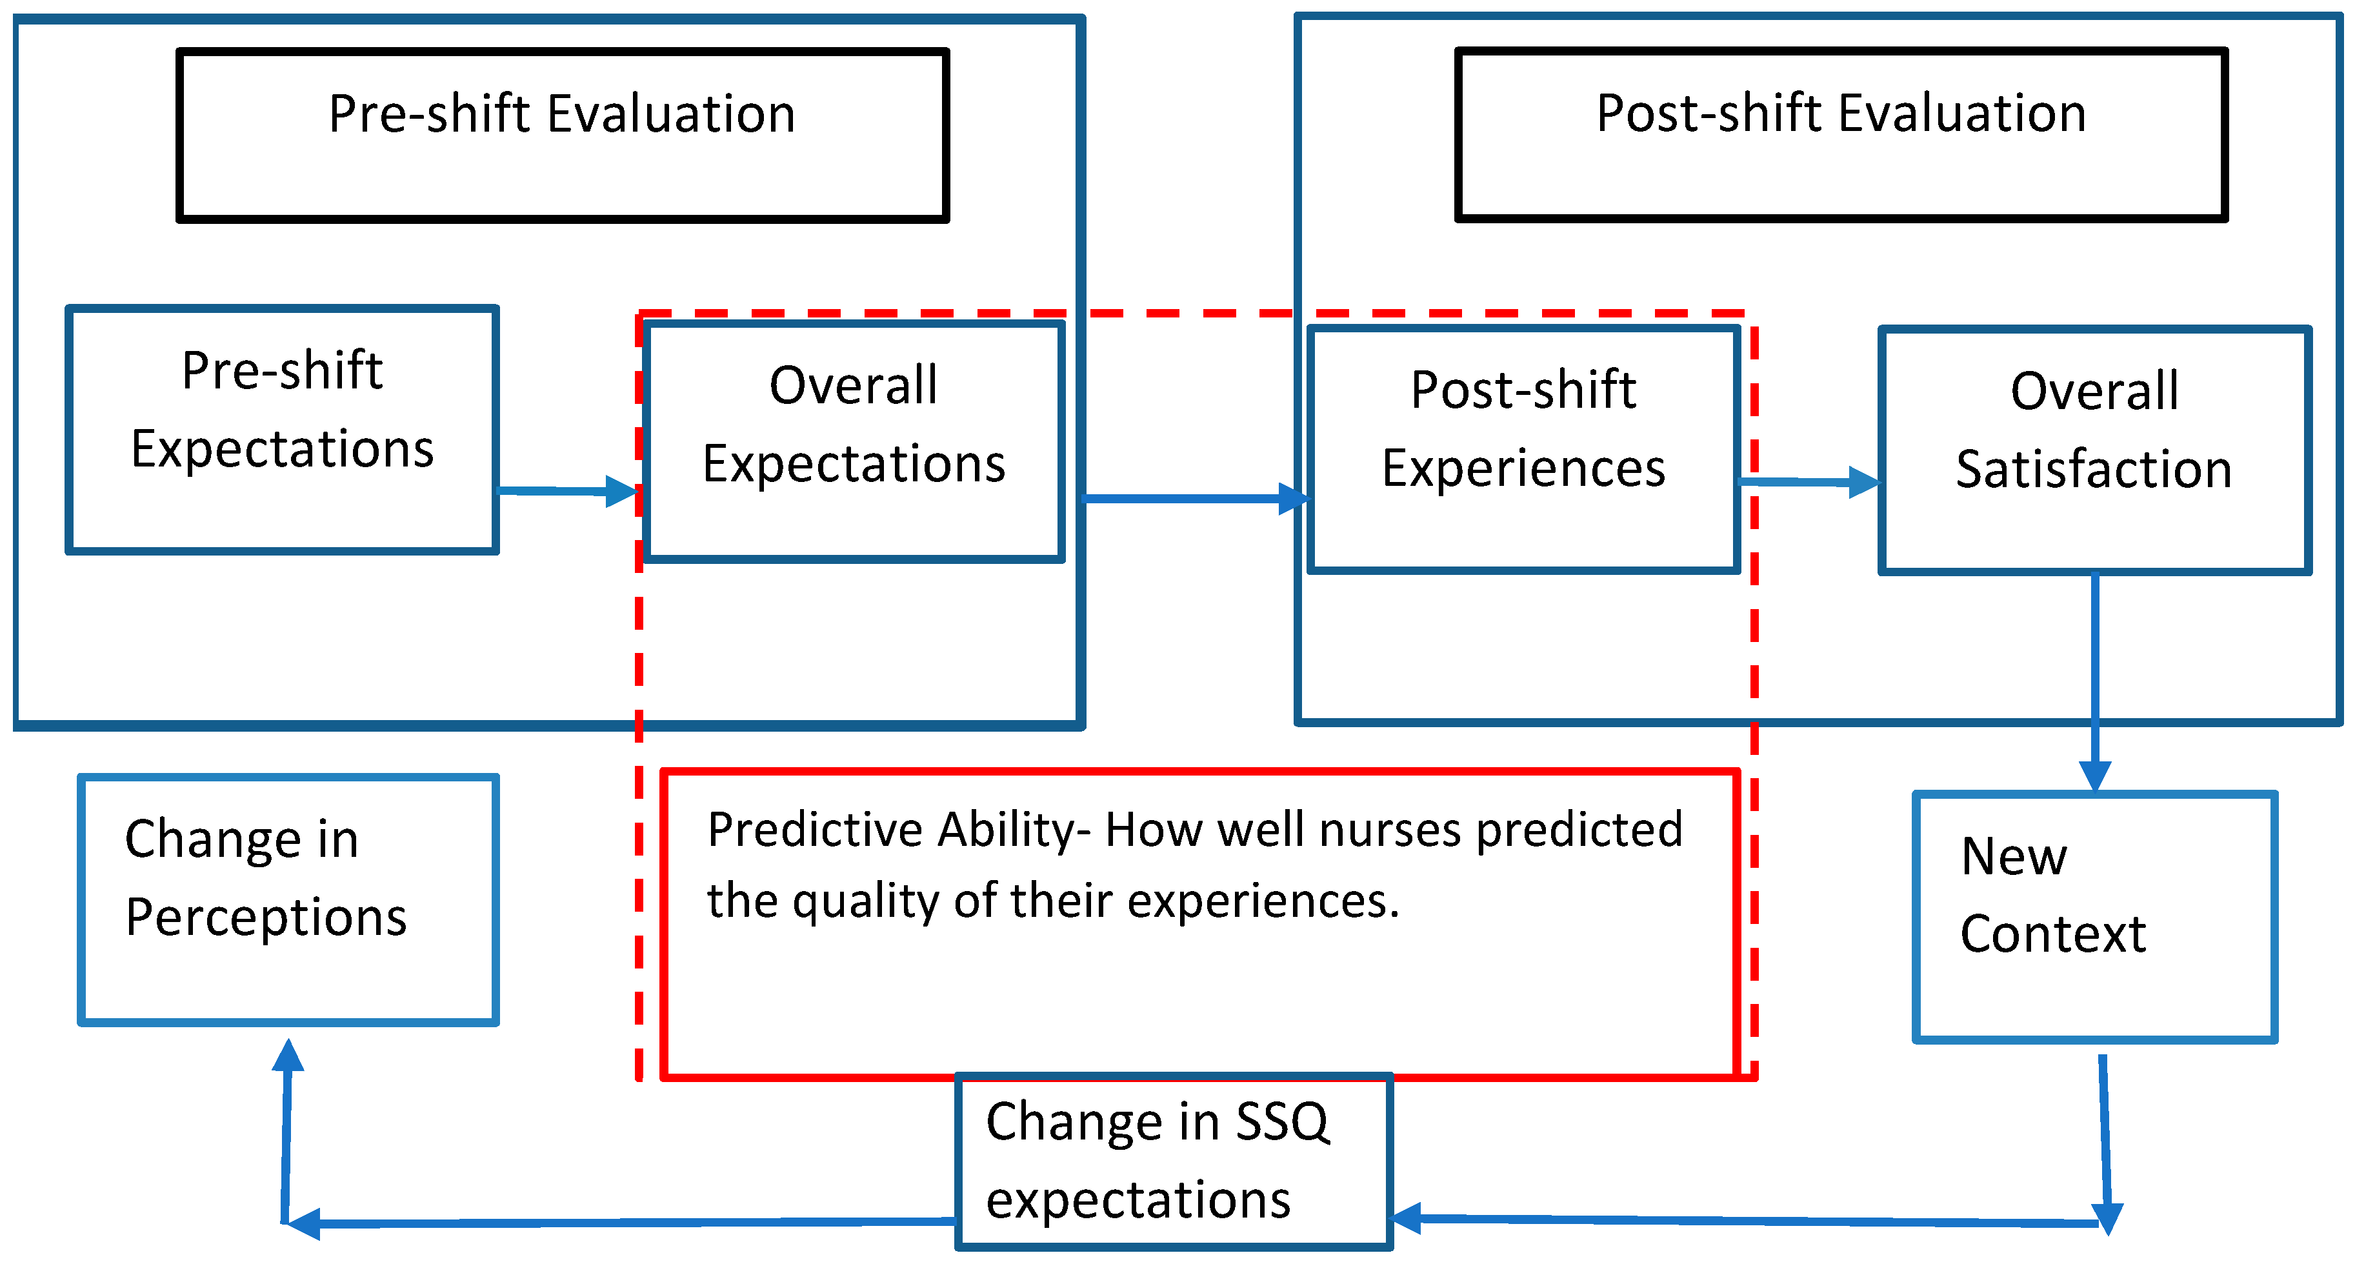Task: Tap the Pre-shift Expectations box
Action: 281,430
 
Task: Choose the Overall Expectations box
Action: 853,441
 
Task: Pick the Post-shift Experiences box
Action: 1523,450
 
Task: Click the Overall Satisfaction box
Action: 2094,450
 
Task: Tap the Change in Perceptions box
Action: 288,899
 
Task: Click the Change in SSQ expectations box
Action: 1173,1161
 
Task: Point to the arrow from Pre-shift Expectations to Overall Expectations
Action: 566,491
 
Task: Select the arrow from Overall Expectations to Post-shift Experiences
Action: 1193,499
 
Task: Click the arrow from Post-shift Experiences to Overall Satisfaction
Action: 1809,481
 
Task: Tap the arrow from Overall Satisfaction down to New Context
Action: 2094,681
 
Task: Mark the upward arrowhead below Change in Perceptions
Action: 288,1056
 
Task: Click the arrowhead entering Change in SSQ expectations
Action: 1406,1218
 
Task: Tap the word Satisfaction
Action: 2094,470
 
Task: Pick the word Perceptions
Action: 266,918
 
